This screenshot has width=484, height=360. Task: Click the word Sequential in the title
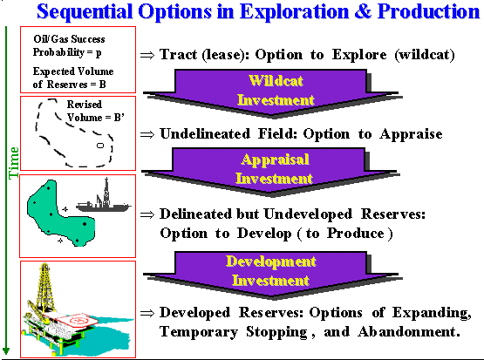point(85,11)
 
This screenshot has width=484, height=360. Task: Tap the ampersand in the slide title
point(364,11)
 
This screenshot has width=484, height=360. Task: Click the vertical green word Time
point(14,163)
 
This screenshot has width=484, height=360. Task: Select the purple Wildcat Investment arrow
point(272,93)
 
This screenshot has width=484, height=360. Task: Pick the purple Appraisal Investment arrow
point(270,172)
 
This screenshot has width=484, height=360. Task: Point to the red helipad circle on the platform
point(80,320)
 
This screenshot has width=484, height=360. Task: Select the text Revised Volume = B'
point(95,111)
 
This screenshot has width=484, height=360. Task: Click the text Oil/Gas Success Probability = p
point(69,45)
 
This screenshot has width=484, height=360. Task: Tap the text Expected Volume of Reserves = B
point(73,78)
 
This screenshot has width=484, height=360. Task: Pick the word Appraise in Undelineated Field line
point(411,134)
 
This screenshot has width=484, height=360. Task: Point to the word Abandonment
point(409,332)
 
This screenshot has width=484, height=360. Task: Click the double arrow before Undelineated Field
point(147,134)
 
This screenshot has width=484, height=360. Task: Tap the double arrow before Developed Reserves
point(147,314)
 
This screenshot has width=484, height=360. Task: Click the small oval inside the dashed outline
point(100,146)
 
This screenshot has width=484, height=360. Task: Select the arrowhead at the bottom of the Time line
point(6,351)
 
